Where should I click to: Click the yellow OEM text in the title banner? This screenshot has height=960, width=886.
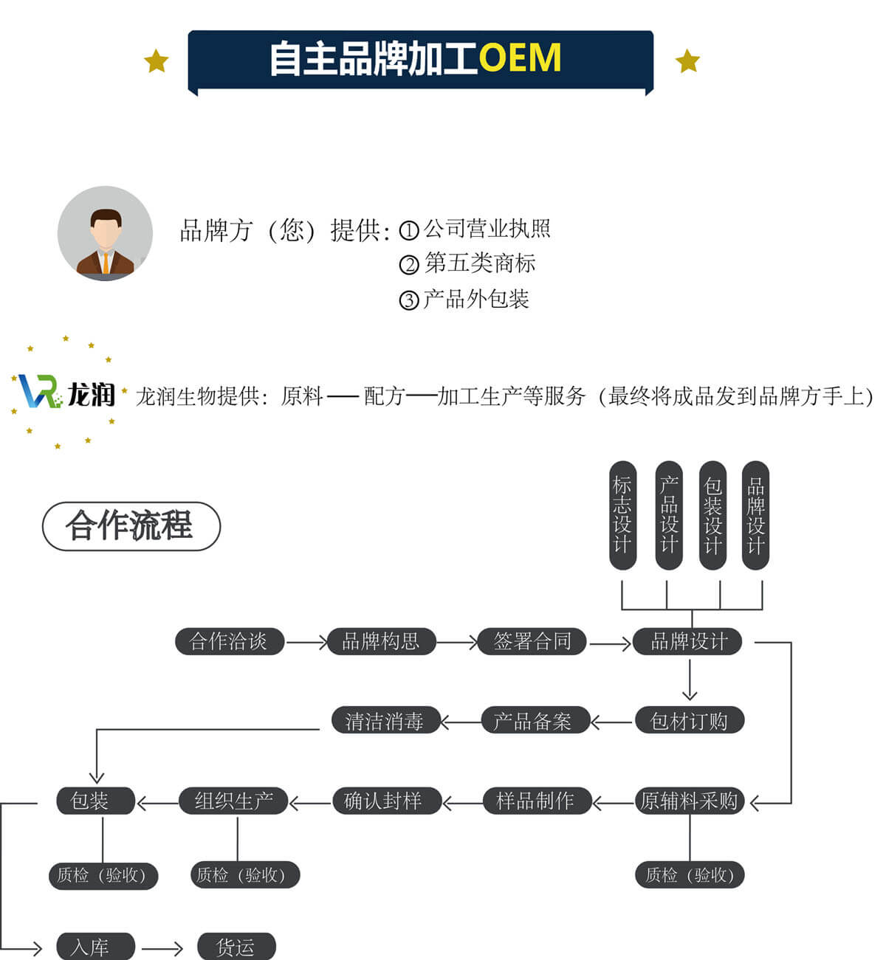(x=520, y=59)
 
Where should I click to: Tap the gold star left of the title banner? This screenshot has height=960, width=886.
(x=156, y=61)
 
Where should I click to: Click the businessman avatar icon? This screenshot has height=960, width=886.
(x=105, y=233)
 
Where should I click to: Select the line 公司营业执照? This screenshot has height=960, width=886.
(x=487, y=229)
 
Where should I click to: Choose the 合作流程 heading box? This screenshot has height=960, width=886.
(x=131, y=526)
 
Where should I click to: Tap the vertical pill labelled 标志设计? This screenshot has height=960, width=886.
(x=622, y=515)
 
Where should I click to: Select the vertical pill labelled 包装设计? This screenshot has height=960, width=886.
(x=712, y=515)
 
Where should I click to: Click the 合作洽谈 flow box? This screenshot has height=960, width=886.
(x=229, y=641)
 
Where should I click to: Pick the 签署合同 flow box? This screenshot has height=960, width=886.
(x=532, y=641)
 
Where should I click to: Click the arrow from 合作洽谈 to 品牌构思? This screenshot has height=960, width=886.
(x=306, y=643)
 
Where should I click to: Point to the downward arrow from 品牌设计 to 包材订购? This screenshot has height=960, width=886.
(x=690, y=679)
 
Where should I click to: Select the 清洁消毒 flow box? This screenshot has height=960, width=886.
(x=384, y=721)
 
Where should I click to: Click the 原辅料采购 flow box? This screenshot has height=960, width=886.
(x=690, y=801)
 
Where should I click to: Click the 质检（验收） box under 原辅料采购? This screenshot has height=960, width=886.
(x=690, y=875)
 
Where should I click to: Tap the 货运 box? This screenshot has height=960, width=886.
(x=236, y=947)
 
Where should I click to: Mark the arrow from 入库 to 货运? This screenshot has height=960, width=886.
(x=162, y=948)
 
